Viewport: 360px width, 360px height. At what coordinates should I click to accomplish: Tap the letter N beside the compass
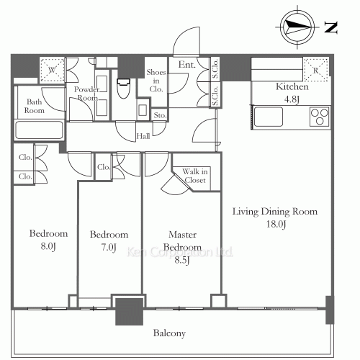pos(332,28)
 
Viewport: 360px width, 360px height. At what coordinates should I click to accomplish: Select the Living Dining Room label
pos(274,217)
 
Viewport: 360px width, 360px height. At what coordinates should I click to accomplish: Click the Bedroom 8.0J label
pos(48,240)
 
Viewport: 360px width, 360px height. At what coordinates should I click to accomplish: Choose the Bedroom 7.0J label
pos(109,240)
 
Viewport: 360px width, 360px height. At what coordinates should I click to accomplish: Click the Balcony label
pos(170,333)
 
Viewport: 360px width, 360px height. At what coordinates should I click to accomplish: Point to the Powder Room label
pos(86,94)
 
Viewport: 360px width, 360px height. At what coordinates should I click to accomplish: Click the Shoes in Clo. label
pos(156,81)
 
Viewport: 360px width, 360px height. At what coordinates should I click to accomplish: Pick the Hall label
pos(144,135)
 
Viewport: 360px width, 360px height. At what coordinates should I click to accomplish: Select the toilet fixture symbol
pos(122,90)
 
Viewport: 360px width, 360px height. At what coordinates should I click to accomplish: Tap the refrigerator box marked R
pos(316,71)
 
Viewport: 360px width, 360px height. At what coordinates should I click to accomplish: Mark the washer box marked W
pos(53,70)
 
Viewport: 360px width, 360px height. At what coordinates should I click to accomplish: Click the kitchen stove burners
pos(318,115)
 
